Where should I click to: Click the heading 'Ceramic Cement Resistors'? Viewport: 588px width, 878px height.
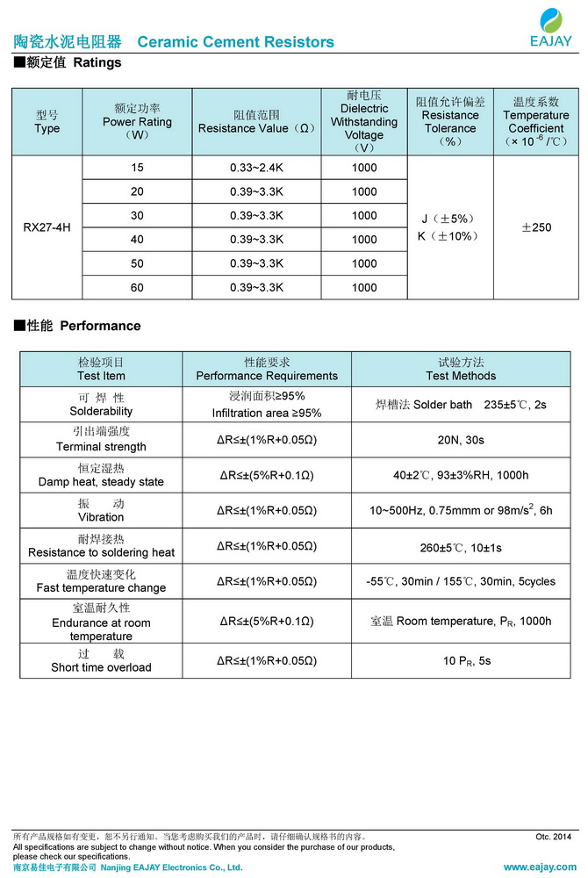(236, 42)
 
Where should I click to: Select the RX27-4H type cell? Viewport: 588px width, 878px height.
(47, 227)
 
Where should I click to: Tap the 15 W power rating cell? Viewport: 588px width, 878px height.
(137, 168)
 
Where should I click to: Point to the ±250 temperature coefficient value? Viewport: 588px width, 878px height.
(536, 227)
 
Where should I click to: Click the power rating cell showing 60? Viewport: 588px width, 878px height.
(137, 287)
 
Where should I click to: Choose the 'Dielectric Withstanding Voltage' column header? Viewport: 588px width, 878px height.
(363, 122)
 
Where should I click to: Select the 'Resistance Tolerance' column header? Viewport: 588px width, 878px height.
(450, 122)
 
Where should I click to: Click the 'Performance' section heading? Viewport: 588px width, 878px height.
(99, 326)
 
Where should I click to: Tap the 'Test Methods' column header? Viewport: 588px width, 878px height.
(461, 376)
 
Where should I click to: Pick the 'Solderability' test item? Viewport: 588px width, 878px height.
(101, 411)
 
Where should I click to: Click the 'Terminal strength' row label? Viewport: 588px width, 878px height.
(101, 446)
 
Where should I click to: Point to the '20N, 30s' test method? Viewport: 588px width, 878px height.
(461, 440)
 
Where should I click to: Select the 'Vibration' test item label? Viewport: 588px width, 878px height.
(101, 517)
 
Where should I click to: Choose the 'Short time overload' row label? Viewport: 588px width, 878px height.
(101, 667)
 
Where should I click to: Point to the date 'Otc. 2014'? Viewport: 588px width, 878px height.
(553, 837)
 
